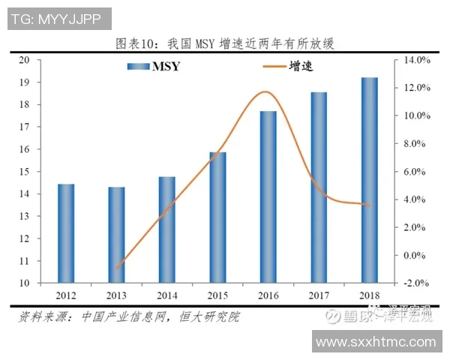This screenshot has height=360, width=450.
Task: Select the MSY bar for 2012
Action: [x=66, y=233]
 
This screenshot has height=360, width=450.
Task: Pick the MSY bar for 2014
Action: [x=166, y=229]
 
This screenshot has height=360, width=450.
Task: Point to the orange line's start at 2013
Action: [x=117, y=268]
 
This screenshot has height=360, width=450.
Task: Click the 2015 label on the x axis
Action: [x=217, y=295]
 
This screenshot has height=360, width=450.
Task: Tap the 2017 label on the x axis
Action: [x=319, y=295]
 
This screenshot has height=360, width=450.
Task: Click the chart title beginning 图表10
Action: [x=224, y=43]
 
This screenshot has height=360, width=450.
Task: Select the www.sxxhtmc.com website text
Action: [x=376, y=342]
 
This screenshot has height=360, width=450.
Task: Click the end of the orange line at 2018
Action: [x=368, y=205]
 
